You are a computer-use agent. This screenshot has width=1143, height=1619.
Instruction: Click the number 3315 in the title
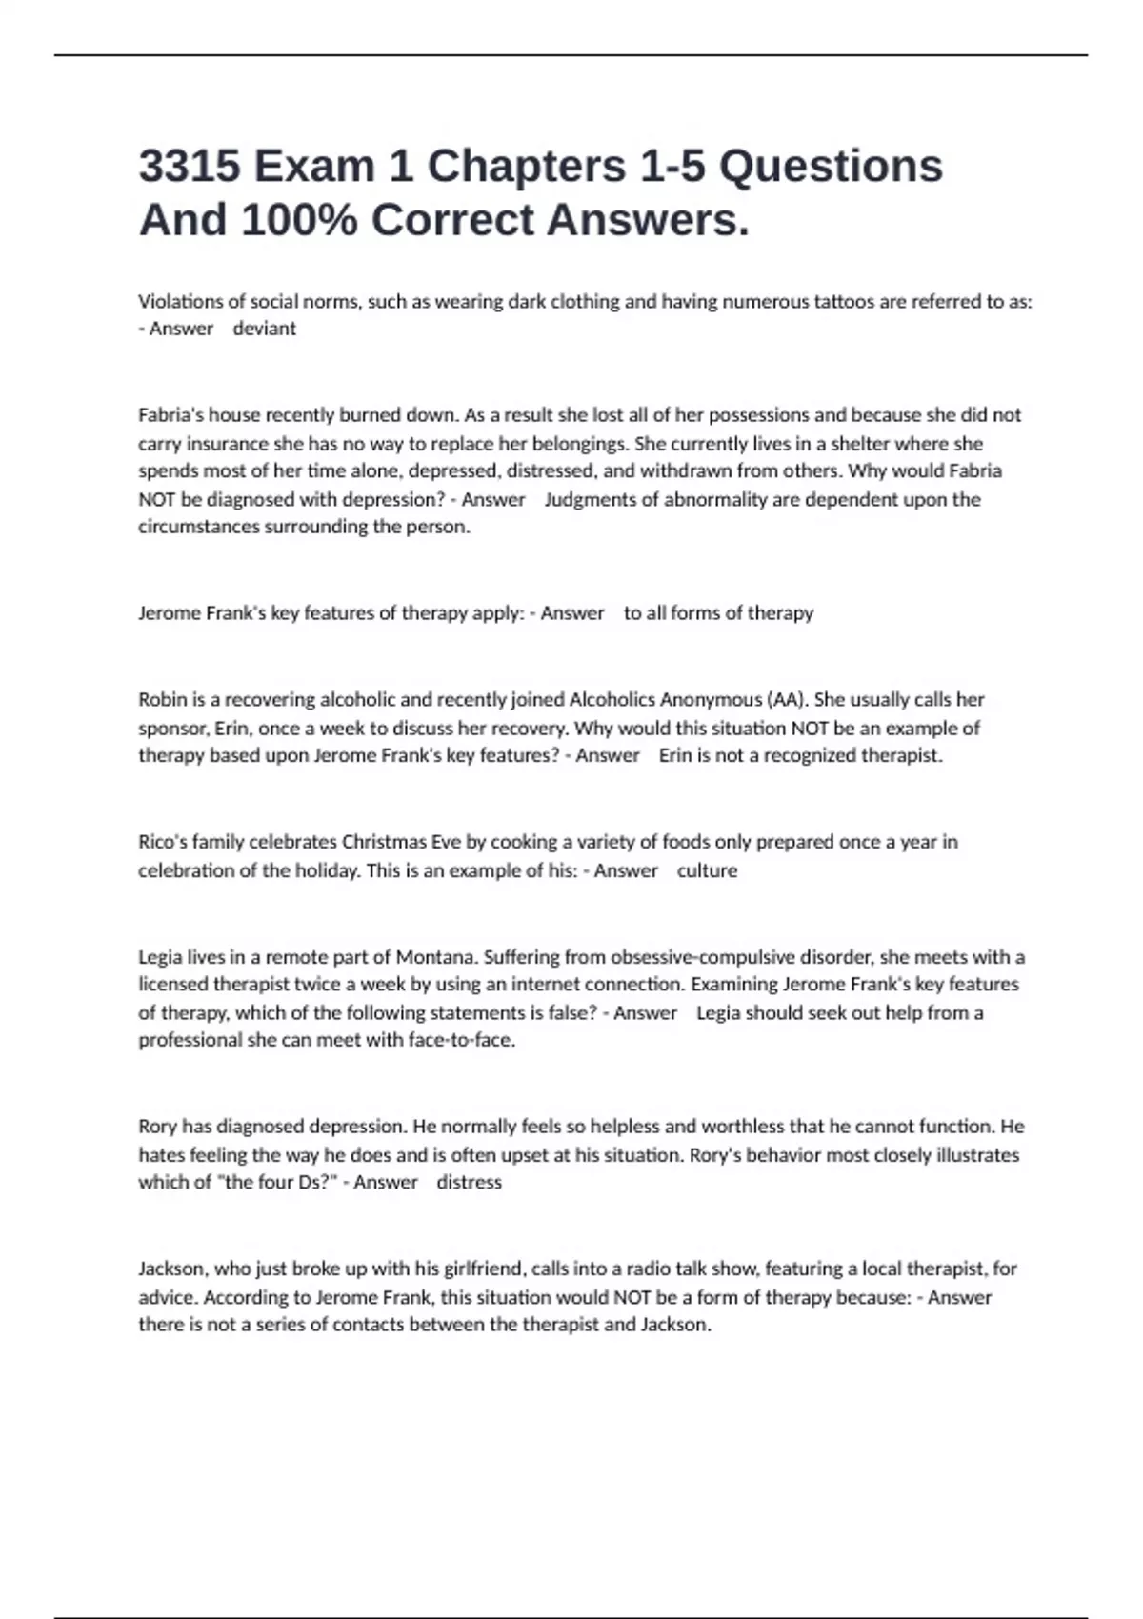pos(190,167)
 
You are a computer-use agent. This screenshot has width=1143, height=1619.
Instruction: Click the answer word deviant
pos(264,329)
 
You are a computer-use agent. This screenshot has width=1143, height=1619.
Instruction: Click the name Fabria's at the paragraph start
pos(170,415)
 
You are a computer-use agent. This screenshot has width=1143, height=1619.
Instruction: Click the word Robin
pos(162,700)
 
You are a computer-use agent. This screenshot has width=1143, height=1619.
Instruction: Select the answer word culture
pos(707,871)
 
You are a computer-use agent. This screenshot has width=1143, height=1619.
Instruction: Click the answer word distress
pos(469,1183)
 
